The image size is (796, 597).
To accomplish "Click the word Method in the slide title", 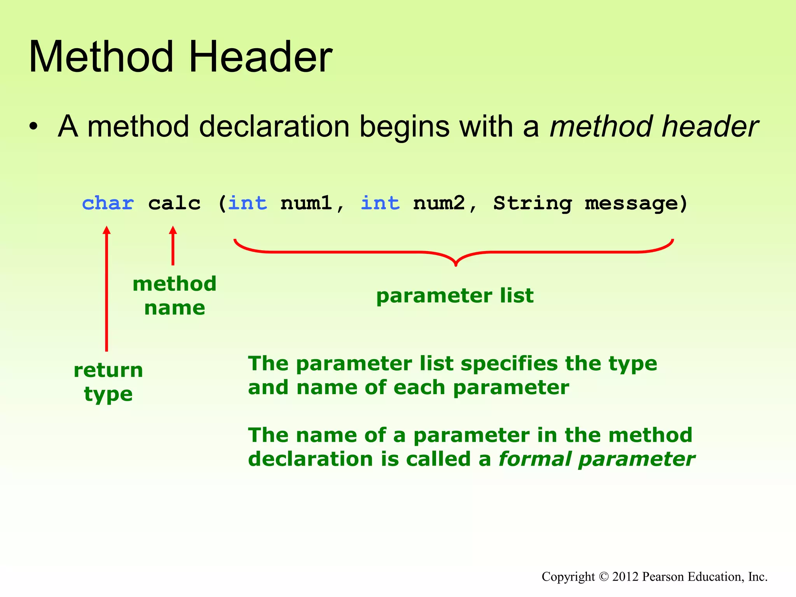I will click(x=101, y=57).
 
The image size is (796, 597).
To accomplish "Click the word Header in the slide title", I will click(x=260, y=57).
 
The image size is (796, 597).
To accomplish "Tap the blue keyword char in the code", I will click(x=108, y=203).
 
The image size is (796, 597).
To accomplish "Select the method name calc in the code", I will click(x=174, y=203).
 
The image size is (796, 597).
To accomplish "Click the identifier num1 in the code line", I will click(x=306, y=203).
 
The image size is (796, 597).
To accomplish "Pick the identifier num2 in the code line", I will click(x=439, y=203).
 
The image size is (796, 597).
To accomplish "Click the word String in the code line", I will click(x=532, y=203).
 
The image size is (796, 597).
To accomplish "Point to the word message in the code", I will click(x=631, y=203).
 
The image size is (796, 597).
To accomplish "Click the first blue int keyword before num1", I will click(x=248, y=203).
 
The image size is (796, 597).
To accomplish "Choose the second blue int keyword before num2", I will click(x=380, y=203).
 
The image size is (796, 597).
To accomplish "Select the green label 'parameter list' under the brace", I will click(x=455, y=295).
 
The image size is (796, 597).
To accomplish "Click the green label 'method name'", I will click(x=175, y=295).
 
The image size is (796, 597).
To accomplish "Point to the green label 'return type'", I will click(x=108, y=382).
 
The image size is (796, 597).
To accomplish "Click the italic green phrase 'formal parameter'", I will click(x=596, y=459).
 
